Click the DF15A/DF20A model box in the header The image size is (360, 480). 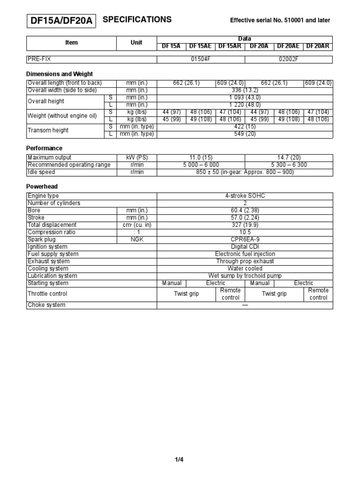tap(61, 21)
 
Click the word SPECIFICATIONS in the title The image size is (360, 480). tap(137, 20)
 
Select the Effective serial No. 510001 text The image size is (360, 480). tap(280, 20)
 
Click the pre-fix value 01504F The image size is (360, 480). tap(201, 60)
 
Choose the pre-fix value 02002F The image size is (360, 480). tap(288, 60)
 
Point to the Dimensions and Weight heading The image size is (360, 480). tap(60, 74)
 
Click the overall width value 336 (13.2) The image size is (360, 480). tap(245, 90)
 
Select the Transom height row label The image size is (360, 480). tap(48, 130)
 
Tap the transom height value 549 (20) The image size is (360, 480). tap(245, 134)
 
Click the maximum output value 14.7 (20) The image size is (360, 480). tap(288, 157)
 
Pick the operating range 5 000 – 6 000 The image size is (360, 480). tap(201, 165)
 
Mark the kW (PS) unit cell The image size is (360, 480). tap(136, 157)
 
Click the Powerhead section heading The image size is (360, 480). tap(42, 187)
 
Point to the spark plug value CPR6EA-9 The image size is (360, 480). tap(245, 240)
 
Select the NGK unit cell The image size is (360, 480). tap(136, 240)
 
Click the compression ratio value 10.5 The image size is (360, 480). tap(245, 232)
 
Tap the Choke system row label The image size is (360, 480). tap(47, 305)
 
